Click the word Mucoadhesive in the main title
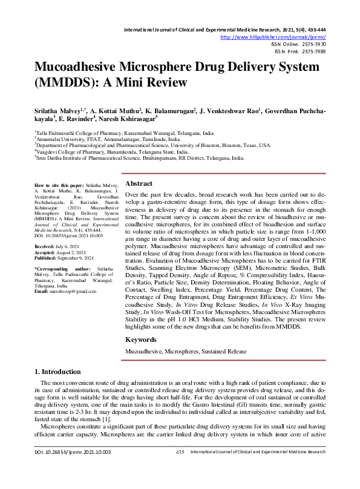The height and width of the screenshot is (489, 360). click(x=84, y=67)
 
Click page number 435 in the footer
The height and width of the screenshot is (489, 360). click(x=180, y=469)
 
